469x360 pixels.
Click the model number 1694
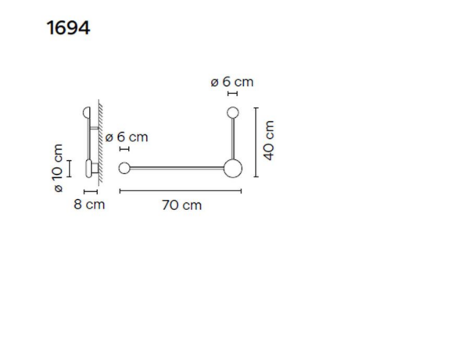pos(69,29)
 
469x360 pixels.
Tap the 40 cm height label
pos(270,141)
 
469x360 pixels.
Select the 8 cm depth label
pos(88,205)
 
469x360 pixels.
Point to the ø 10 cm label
pos(57,168)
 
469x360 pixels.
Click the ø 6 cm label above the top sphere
pos(232,81)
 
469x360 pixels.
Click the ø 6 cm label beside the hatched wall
pos(127,137)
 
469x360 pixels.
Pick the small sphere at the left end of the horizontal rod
pos(124,168)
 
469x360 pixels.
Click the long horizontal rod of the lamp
pos(176,168)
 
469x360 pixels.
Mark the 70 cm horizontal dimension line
pos(181,191)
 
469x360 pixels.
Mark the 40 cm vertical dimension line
pos(256,141)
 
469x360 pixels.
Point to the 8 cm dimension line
pos(89,191)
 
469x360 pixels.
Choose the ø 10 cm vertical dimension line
pos(69,168)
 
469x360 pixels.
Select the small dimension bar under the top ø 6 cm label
pos(232,94)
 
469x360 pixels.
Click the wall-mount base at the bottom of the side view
pos(91,168)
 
